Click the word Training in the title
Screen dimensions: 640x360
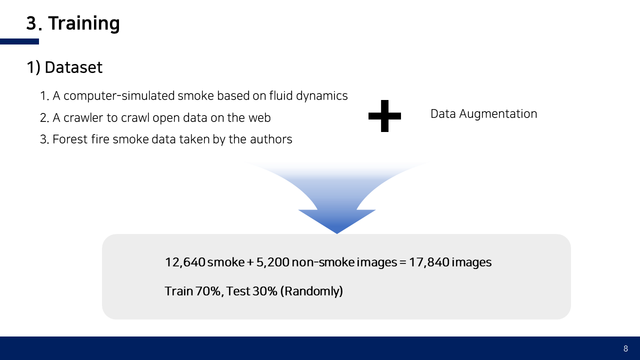pyautogui.click(x=84, y=23)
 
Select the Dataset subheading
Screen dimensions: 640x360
pyautogui.click(x=73, y=67)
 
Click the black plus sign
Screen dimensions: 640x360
pyautogui.click(x=384, y=115)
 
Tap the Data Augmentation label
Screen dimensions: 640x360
pyautogui.click(x=483, y=114)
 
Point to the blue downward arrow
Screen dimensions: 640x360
pyautogui.click(x=337, y=210)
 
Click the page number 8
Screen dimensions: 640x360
pyautogui.click(x=625, y=348)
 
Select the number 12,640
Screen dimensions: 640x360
pyautogui.click(x=185, y=262)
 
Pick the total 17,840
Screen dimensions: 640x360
pyautogui.click(x=428, y=262)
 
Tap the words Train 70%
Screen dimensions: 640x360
pyautogui.click(x=193, y=291)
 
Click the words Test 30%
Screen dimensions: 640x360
pyautogui.click(x=251, y=291)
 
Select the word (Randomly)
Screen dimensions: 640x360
pyautogui.click(x=311, y=291)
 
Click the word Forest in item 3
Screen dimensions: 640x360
pyautogui.click(x=69, y=139)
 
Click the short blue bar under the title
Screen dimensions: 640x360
pyautogui.click(x=19, y=41)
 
